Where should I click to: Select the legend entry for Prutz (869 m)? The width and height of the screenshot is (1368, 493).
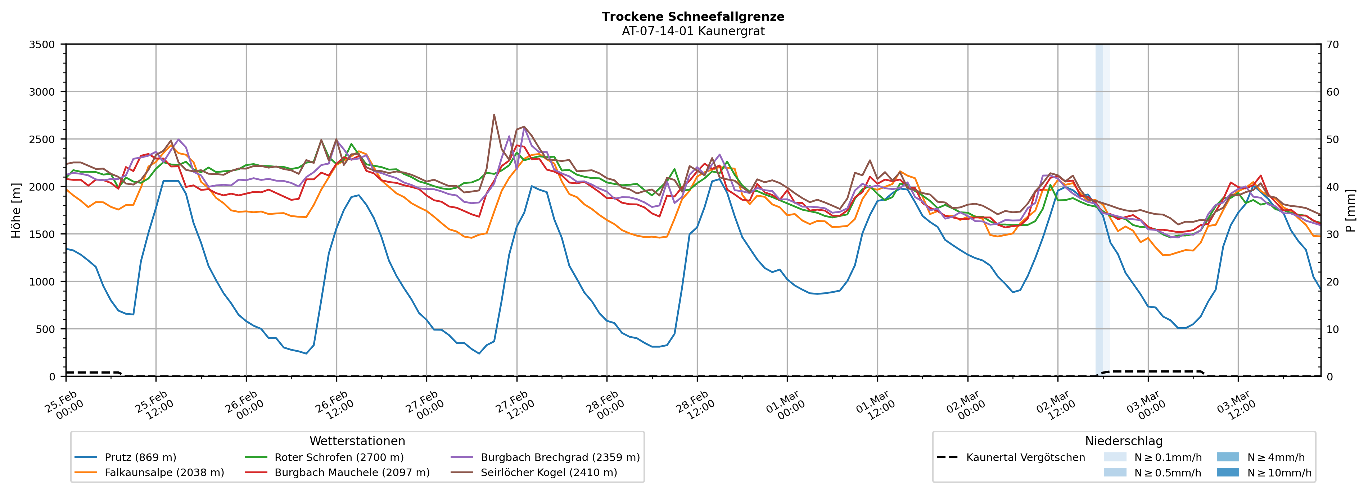140,457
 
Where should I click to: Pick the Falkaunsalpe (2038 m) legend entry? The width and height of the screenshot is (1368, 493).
164,472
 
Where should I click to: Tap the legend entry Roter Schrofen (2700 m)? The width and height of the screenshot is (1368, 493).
339,457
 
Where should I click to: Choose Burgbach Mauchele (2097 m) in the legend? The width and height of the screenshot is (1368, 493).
352,472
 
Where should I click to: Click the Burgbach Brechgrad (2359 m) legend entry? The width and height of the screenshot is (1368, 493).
560,457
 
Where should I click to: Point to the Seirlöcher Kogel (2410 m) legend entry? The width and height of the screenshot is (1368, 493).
548,472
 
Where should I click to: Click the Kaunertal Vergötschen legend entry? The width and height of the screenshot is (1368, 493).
1025,457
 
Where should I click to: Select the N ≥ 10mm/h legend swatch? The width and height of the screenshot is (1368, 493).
1227,472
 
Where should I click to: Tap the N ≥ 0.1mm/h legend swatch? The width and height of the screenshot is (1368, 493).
1115,457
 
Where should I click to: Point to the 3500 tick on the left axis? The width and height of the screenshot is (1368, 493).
42,45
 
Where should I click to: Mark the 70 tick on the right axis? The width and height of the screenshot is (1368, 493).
1332,45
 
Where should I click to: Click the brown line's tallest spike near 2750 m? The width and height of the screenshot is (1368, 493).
494,115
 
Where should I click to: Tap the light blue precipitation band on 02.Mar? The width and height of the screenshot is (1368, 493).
1102,212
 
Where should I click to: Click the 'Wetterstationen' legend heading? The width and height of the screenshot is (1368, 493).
357,441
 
